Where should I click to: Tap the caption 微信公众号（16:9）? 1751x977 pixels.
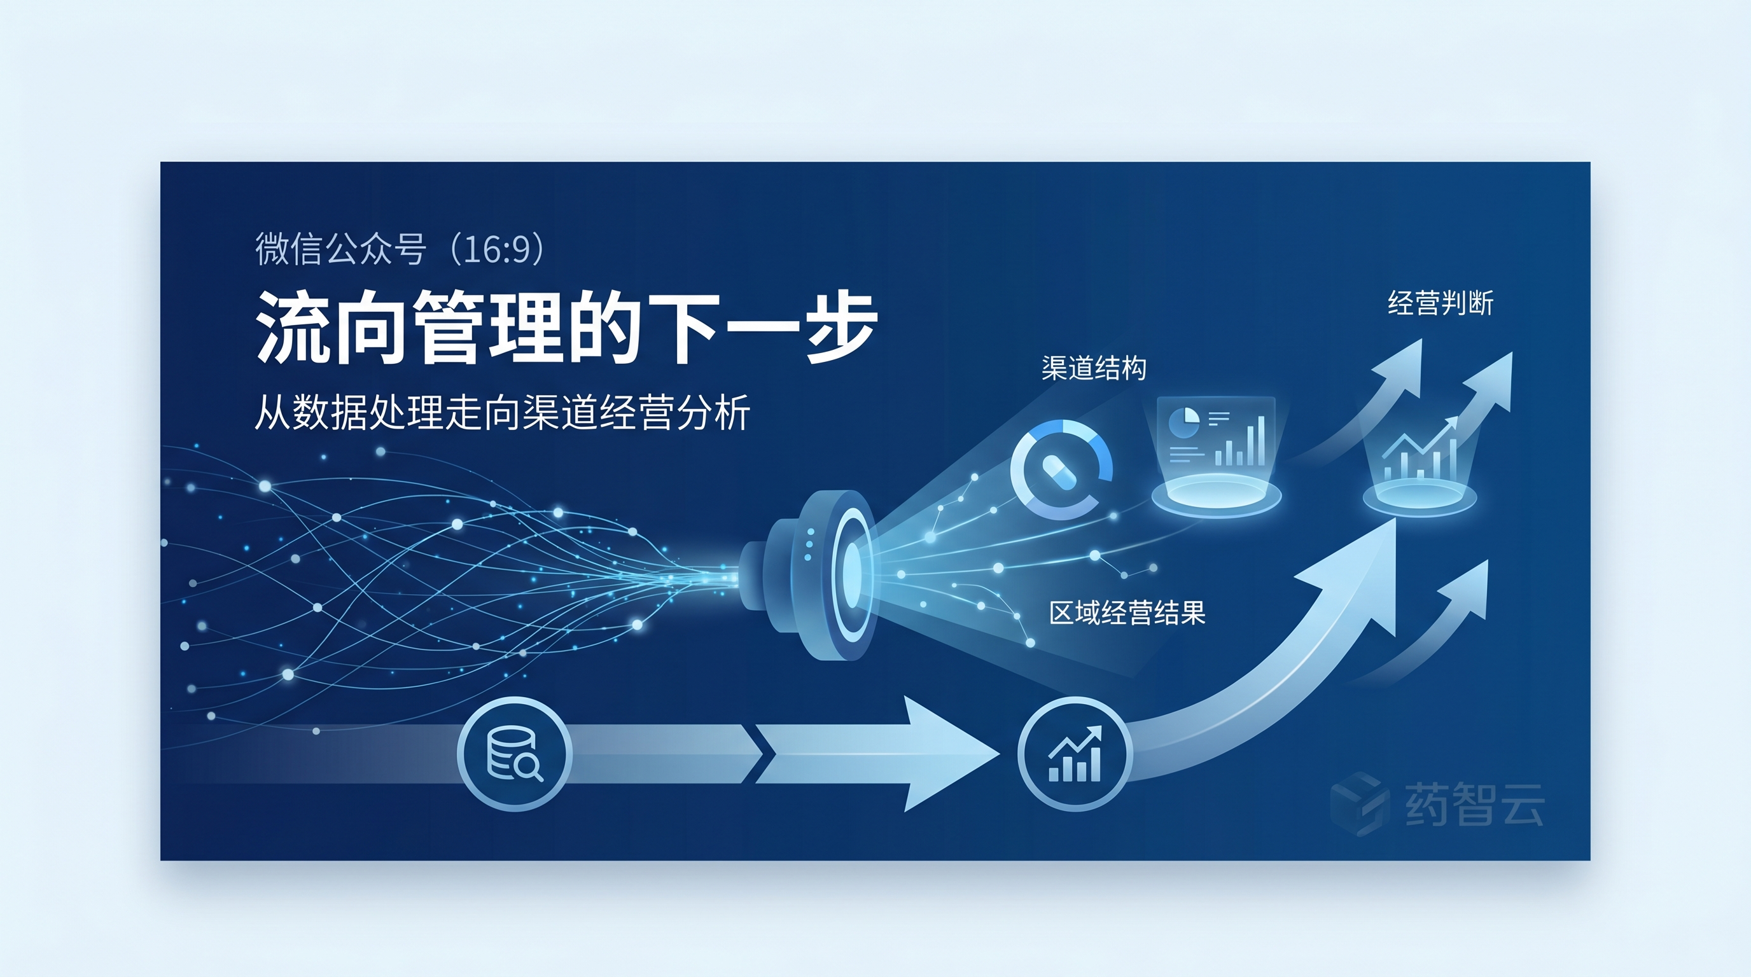[400, 249]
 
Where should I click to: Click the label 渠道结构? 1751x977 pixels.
[1094, 368]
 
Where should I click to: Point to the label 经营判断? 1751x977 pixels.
[1440, 303]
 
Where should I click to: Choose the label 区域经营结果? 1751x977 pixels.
[1127, 613]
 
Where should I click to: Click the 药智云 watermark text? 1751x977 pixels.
[1474, 804]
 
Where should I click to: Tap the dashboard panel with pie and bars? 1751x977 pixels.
[1215, 435]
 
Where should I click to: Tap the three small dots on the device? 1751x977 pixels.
[807, 545]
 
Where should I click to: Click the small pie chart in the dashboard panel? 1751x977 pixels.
[1183, 421]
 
